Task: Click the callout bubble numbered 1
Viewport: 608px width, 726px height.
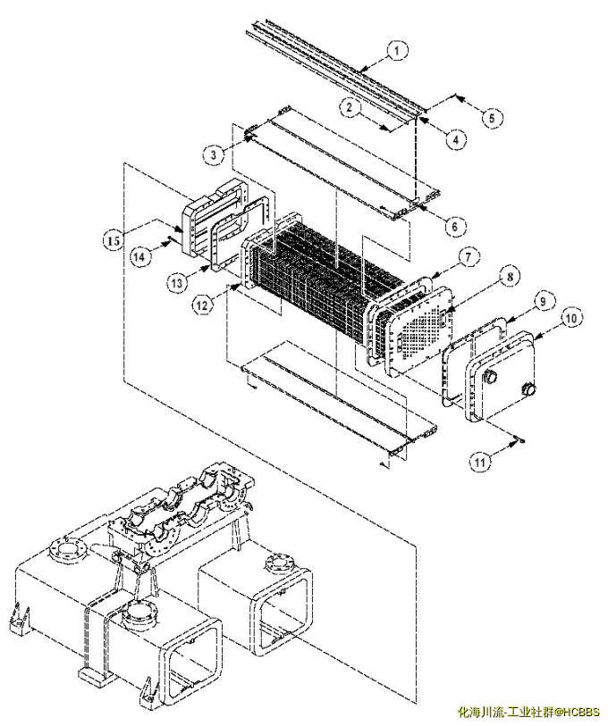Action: click(x=396, y=51)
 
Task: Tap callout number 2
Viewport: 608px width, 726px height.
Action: click(x=350, y=107)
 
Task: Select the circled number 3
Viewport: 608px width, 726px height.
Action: click(x=214, y=154)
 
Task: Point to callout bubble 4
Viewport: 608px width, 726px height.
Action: click(x=456, y=139)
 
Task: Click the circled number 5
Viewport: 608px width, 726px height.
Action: click(x=492, y=117)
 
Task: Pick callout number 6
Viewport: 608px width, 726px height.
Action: click(x=454, y=226)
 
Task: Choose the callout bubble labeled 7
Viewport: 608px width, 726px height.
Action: click(x=469, y=256)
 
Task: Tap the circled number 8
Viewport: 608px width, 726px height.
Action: click(x=510, y=277)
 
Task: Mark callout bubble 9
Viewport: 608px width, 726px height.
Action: click(x=543, y=302)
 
